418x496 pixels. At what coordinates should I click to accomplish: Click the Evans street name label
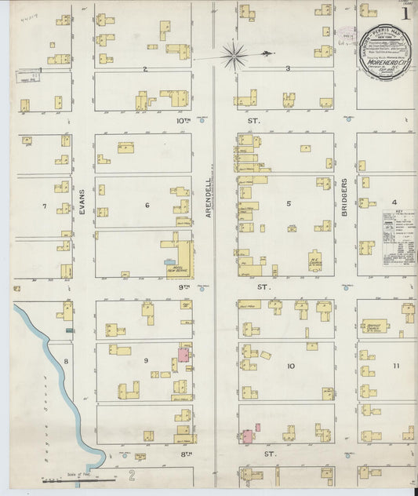coord(82,202)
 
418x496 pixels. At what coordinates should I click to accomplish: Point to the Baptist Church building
coord(376,325)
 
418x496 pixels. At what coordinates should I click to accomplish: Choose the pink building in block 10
coord(246,436)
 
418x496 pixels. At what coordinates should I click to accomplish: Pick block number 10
coord(290,367)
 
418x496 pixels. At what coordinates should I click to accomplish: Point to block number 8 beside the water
coord(67,361)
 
